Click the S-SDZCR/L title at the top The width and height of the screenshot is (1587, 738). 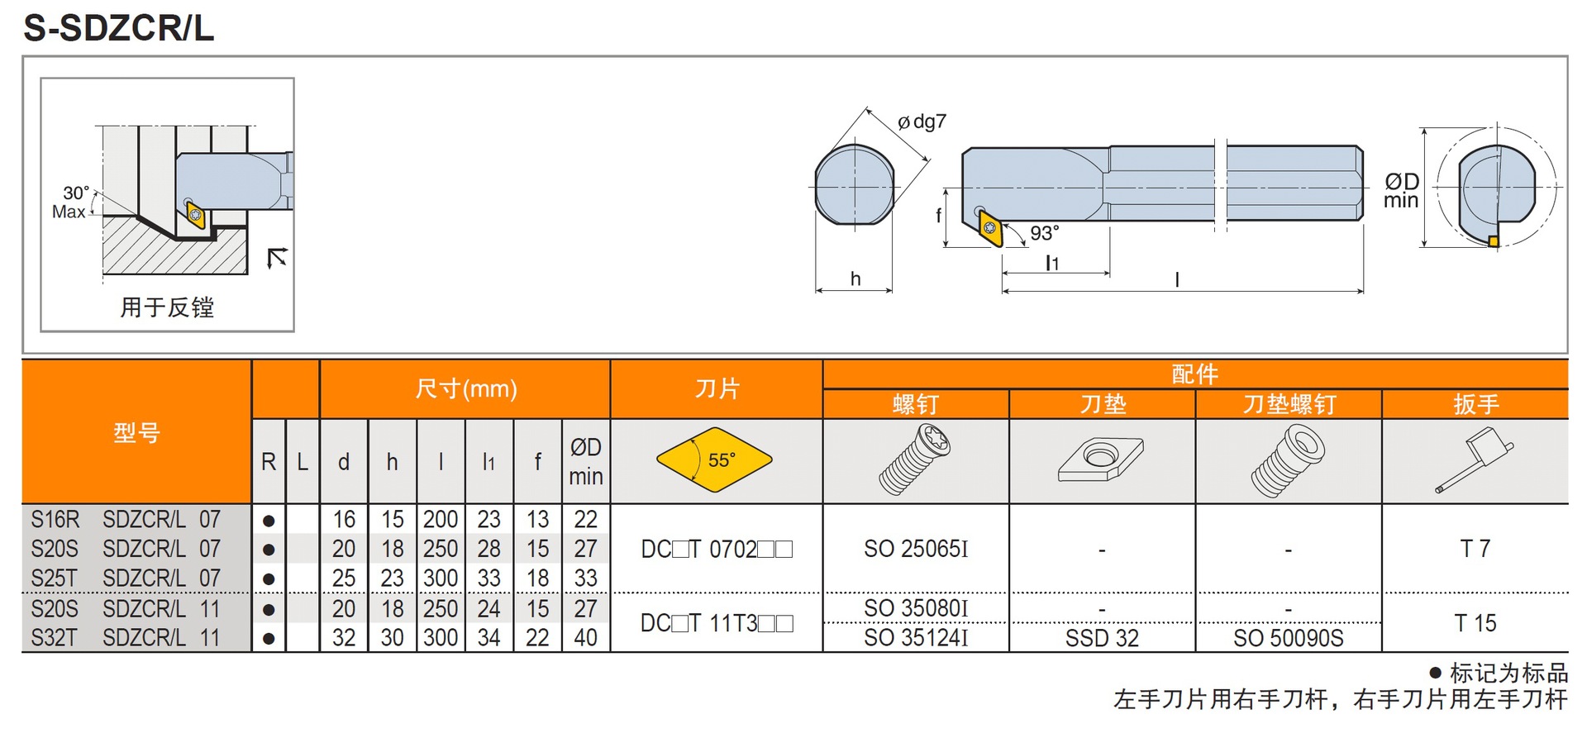(x=118, y=27)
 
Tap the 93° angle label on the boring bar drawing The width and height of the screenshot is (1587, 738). (x=1044, y=233)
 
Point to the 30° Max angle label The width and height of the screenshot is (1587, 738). (x=71, y=202)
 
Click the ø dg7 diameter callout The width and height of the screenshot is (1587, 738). (x=922, y=122)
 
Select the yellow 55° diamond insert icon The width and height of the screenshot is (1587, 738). (x=714, y=459)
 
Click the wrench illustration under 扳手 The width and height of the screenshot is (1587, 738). (x=1475, y=459)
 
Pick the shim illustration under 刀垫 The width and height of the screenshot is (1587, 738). (x=1101, y=459)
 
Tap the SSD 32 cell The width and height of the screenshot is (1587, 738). (x=1102, y=638)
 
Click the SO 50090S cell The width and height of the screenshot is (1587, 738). (x=1288, y=638)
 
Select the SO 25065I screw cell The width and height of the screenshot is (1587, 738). (x=916, y=549)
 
